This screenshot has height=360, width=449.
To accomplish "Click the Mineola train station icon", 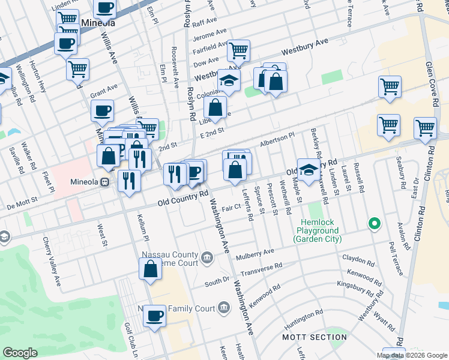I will [104, 182].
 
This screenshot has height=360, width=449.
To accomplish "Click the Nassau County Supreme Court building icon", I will [207, 258].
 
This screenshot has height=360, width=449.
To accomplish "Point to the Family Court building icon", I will [223, 308].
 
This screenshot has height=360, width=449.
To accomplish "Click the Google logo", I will [20, 352].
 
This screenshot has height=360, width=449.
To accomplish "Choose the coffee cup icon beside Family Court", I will [155, 316].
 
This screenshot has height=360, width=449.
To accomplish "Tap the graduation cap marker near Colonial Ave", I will [228, 80].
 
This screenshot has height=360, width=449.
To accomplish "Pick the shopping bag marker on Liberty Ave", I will [215, 108].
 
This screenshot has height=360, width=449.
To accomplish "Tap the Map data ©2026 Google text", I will [411, 355].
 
